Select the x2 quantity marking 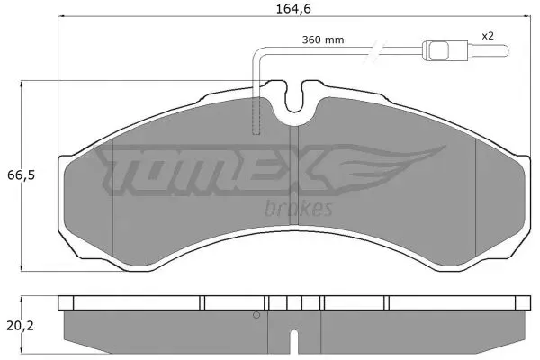(x=487, y=36)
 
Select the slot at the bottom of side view (x=293, y=343)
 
